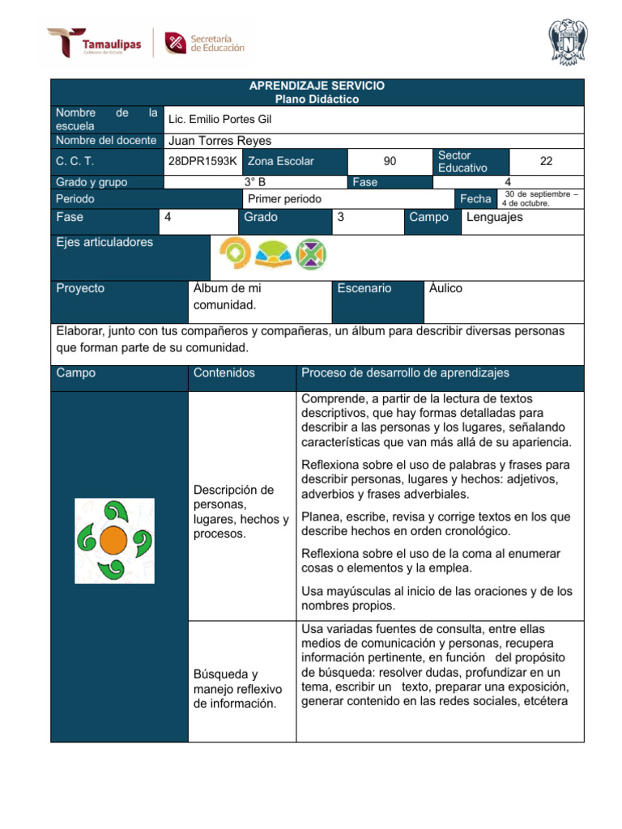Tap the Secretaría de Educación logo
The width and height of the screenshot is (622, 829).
coord(204,42)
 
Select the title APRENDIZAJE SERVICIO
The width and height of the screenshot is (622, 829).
coord(317,86)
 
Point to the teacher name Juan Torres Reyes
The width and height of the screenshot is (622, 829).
coord(219,140)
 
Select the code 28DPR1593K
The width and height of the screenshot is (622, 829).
coord(202,161)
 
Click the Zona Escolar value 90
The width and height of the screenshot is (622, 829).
coord(390,161)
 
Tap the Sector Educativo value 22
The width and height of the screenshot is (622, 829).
coord(546,161)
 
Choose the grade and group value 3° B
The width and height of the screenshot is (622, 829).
coord(255,182)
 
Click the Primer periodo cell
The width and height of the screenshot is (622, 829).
coord(284,198)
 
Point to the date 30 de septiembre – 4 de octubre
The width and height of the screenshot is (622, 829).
coord(540,198)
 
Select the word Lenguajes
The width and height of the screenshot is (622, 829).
coord(494,217)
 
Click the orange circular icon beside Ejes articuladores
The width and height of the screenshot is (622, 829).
coord(234,254)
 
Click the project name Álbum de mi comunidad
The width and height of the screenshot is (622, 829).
coord(227,296)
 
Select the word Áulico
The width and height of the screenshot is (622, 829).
coord(446,288)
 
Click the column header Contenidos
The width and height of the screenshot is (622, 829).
coord(224,372)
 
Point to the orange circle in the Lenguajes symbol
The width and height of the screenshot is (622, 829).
coord(113,539)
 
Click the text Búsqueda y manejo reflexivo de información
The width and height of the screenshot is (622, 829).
coord(237,688)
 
